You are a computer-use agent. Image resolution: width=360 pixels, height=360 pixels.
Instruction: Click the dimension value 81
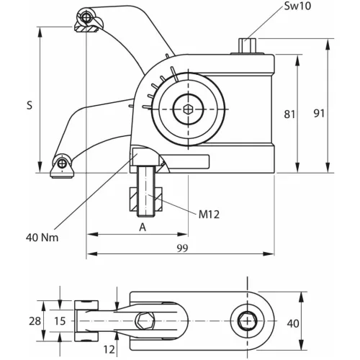click(288, 113)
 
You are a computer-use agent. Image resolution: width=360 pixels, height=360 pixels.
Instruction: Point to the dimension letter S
click(30, 105)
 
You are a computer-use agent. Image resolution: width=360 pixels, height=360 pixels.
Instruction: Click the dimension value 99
click(181, 248)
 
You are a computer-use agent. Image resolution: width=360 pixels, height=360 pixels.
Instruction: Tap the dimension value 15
click(60, 320)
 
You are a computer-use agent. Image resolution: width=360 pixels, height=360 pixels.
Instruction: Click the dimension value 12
click(109, 349)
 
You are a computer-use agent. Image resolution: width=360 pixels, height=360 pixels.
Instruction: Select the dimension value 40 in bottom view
click(293, 323)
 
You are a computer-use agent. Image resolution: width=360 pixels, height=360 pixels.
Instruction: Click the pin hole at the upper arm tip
click(86, 17)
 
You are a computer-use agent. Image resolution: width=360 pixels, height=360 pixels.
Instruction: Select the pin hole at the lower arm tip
click(63, 163)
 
